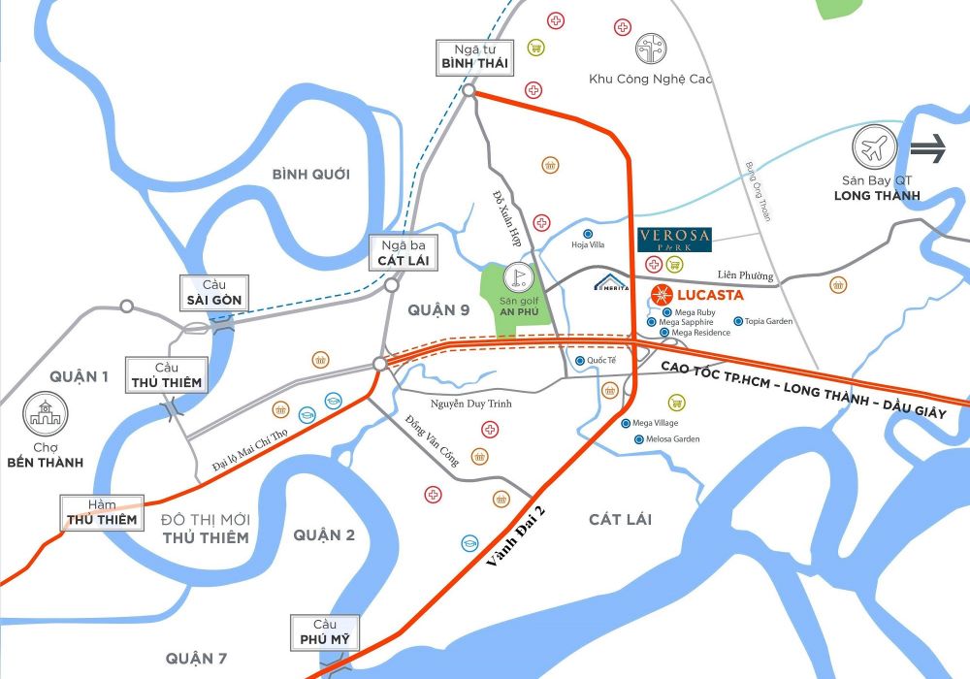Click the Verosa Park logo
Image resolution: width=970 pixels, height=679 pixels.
tap(675, 240)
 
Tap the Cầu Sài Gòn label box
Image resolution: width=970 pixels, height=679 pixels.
tap(215, 293)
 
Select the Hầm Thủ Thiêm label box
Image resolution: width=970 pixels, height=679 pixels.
tap(101, 511)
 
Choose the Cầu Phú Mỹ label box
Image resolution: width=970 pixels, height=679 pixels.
tap(324, 632)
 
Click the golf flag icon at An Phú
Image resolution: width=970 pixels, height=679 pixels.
tap(519, 277)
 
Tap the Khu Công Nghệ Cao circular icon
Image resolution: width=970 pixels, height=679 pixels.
tap(650, 48)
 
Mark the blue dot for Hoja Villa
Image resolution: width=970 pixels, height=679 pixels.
tap(588, 234)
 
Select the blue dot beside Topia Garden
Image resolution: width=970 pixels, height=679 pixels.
tap(738, 321)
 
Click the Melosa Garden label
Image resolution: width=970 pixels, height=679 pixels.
tap(672, 439)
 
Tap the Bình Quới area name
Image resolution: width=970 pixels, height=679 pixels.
tap(310, 175)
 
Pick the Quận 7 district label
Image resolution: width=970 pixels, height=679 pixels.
tap(196, 659)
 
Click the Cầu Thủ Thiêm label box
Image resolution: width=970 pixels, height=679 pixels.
tap(167, 375)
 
